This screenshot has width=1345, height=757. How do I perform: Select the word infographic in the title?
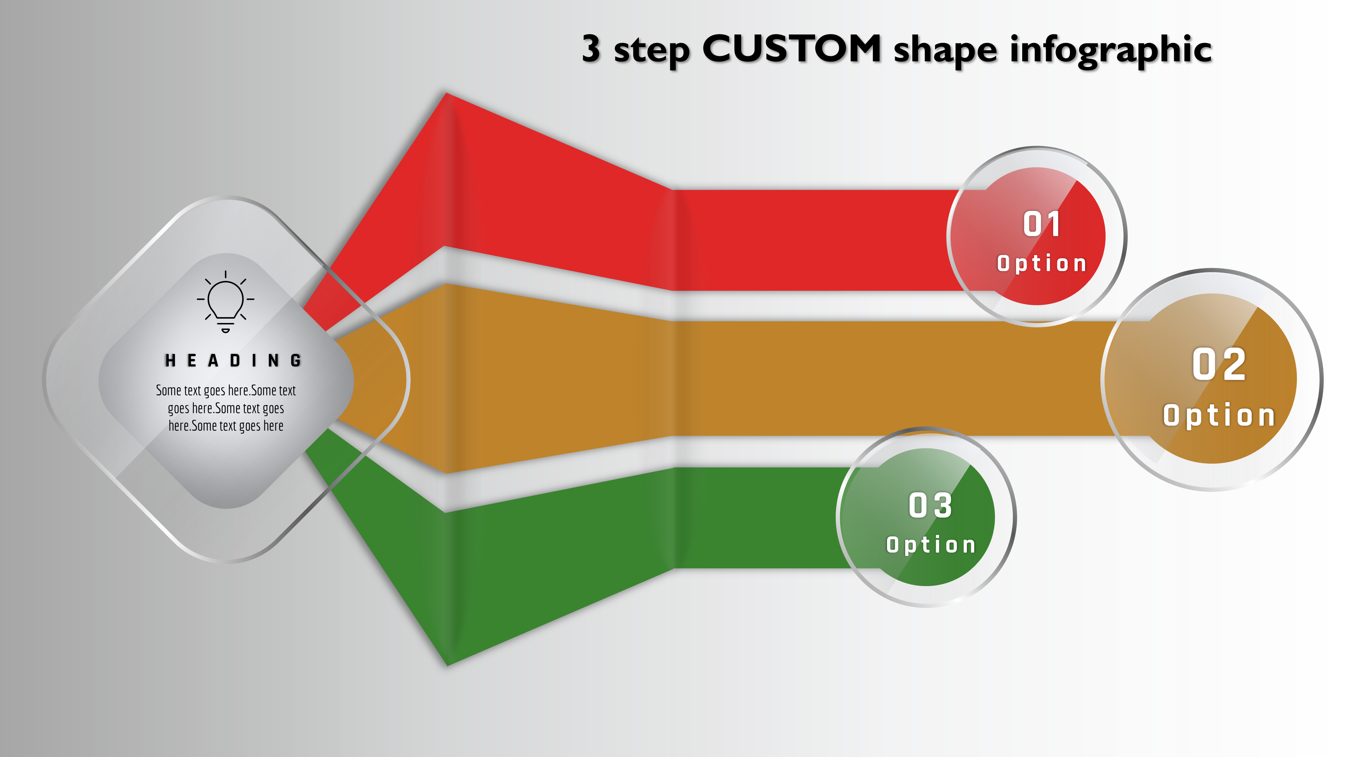click(1111, 51)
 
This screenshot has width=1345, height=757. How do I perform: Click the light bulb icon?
click(226, 301)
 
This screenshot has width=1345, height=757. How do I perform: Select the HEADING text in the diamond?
click(233, 360)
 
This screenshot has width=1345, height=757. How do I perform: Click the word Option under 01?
click(1042, 263)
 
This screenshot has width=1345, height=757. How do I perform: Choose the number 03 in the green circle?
click(930, 505)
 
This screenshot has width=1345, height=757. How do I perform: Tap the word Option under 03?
click(930, 545)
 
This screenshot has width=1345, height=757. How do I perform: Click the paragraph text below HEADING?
click(226, 408)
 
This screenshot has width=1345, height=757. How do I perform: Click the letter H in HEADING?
click(170, 360)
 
